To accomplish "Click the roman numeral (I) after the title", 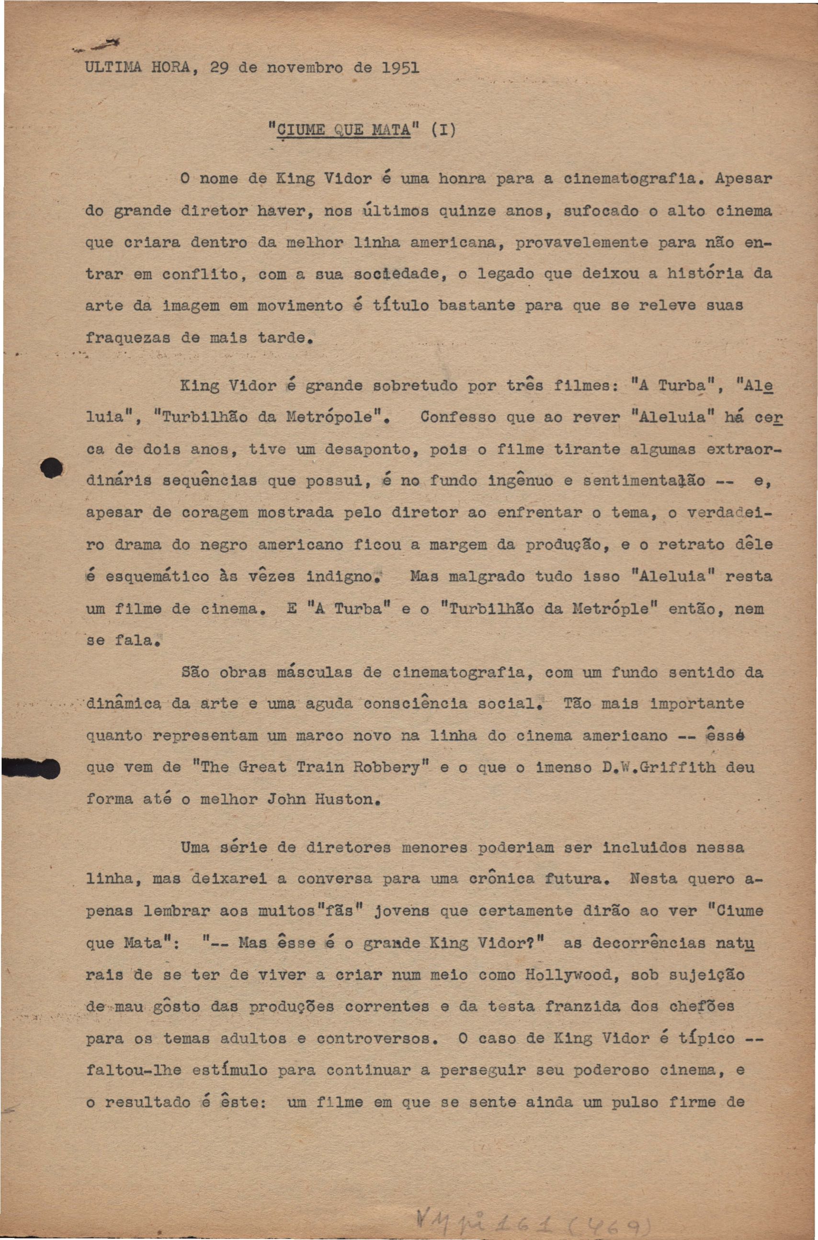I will (443, 130).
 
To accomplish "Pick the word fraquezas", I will (128, 338).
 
